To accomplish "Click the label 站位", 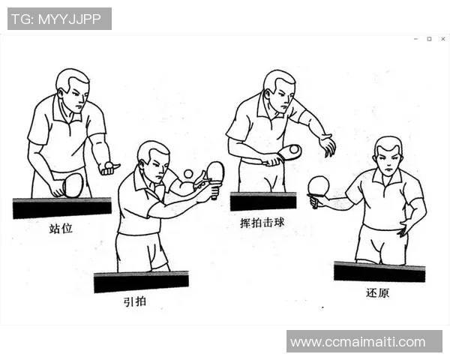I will [x=61, y=228].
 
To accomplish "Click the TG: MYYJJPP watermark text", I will [x=59, y=19].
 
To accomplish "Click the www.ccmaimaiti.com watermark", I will [x=364, y=342].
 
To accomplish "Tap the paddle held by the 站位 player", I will [x=73, y=184].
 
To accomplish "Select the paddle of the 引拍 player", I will [x=214, y=172].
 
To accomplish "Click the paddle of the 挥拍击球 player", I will [x=289, y=152].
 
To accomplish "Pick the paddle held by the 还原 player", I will [x=319, y=186].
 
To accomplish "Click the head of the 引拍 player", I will [x=153, y=157].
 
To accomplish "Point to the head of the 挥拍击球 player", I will [x=278, y=88].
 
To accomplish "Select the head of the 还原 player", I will [x=388, y=155].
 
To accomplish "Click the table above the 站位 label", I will [x=61, y=207].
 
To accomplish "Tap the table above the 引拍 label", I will [x=141, y=281].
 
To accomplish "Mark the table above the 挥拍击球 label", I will [x=262, y=201].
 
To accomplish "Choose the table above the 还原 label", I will [x=379, y=271].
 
